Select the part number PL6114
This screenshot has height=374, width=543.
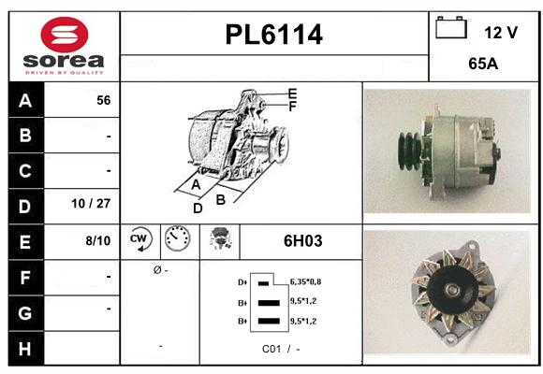tap(273, 35)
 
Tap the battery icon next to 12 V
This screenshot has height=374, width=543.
tap(451, 28)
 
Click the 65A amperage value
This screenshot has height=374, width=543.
tap(484, 65)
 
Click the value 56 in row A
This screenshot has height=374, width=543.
tap(104, 101)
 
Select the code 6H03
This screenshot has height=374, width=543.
tap(302, 240)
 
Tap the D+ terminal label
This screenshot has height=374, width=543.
tap(242, 281)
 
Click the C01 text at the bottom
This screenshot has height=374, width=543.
tap(272, 348)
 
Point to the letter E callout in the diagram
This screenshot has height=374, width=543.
tap(292, 93)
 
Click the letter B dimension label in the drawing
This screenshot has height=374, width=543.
tap(221, 198)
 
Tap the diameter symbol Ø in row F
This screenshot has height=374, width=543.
tap(156, 270)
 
